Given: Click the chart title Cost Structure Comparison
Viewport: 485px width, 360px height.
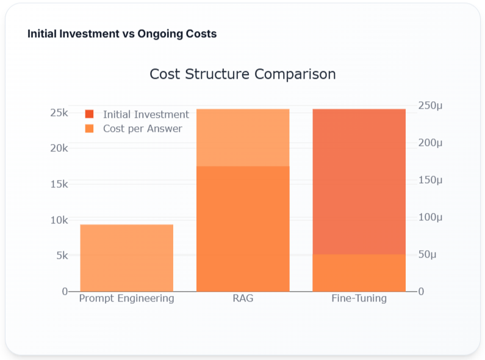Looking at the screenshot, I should [242, 74].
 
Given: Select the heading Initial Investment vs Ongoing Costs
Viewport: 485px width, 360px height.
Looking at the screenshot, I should [122, 34].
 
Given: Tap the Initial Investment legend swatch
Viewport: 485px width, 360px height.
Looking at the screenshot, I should [90, 114].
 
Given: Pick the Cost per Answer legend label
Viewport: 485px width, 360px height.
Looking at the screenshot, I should [142, 129].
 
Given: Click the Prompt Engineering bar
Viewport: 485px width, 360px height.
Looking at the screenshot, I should [126, 257].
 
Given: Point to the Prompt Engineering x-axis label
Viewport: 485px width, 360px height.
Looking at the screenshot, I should [126, 299].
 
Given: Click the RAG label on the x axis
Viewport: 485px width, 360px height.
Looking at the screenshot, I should [242, 299].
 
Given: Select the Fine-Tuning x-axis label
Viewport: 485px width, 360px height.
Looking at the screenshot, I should [359, 299].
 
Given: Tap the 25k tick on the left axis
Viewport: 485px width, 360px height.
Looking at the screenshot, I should [59, 113].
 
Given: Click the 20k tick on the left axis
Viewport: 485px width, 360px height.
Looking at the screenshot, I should [59, 148].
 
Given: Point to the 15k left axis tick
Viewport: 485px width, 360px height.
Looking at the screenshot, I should [59, 184].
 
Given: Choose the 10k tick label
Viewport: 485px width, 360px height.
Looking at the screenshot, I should [59, 220].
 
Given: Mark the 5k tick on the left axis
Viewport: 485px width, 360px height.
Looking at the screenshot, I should [61, 256].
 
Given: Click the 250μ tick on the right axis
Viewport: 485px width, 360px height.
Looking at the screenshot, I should [431, 106].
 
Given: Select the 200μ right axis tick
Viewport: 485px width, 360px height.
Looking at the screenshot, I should [431, 143].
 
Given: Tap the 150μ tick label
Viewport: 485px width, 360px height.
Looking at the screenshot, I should [431, 180].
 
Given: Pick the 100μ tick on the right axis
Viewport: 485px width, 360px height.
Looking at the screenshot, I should [431, 217].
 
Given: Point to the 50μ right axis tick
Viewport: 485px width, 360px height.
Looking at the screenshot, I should [428, 254].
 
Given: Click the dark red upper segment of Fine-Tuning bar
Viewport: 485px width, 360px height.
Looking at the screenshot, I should [359, 181].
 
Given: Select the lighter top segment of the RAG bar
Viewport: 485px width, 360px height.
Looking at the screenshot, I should [242, 137].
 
